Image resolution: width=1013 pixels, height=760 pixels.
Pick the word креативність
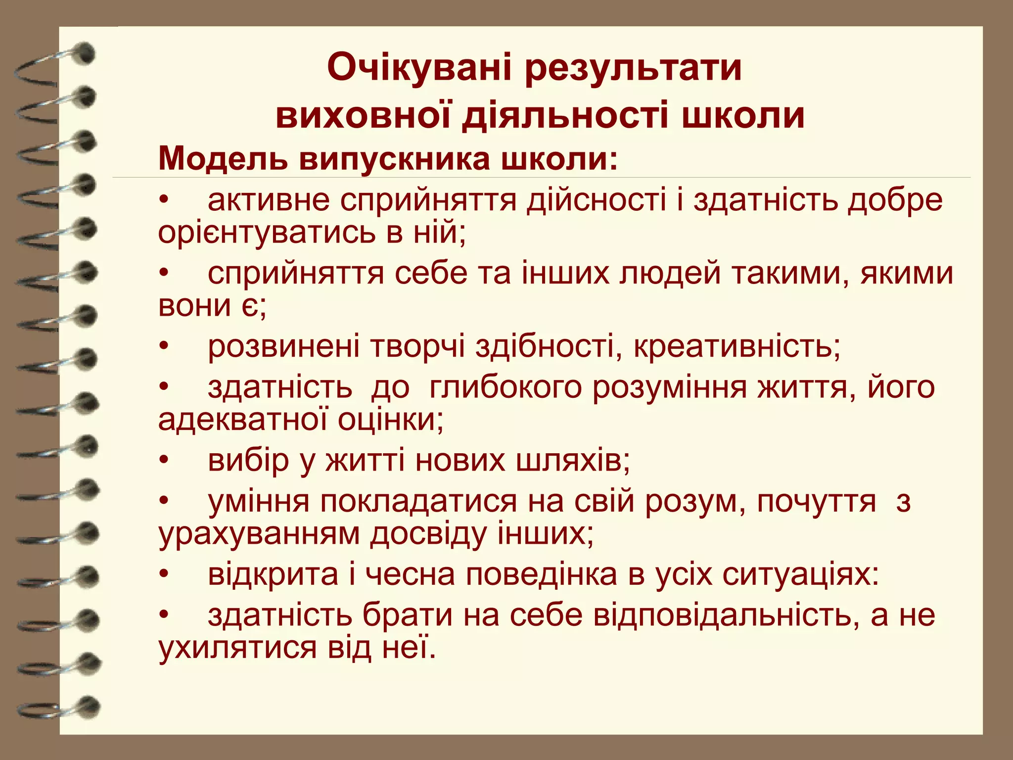point(737,346)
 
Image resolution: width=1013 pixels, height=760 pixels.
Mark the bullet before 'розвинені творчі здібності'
point(164,346)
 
